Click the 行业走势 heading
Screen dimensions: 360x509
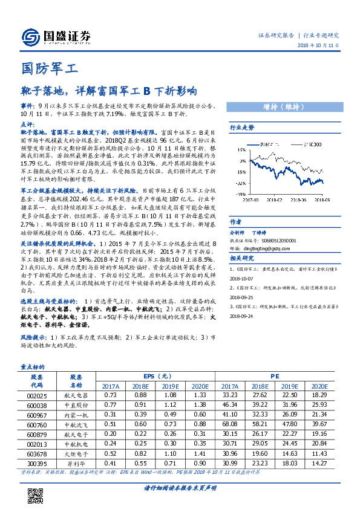[242, 128]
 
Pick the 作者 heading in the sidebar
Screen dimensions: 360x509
[235, 222]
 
